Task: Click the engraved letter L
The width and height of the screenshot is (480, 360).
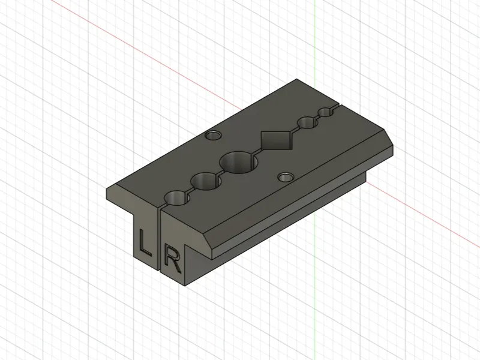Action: pos(145,244)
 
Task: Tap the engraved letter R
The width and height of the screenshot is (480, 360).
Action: pos(173,259)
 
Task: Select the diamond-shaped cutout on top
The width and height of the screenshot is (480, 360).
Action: pos(275,140)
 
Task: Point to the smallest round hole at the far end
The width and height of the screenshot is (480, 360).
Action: pos(326,112)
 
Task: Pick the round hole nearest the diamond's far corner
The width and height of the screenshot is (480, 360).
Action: pos(307,123)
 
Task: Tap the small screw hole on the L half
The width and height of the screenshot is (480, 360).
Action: pos(214,135)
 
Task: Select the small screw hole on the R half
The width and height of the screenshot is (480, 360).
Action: pos(286,177)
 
